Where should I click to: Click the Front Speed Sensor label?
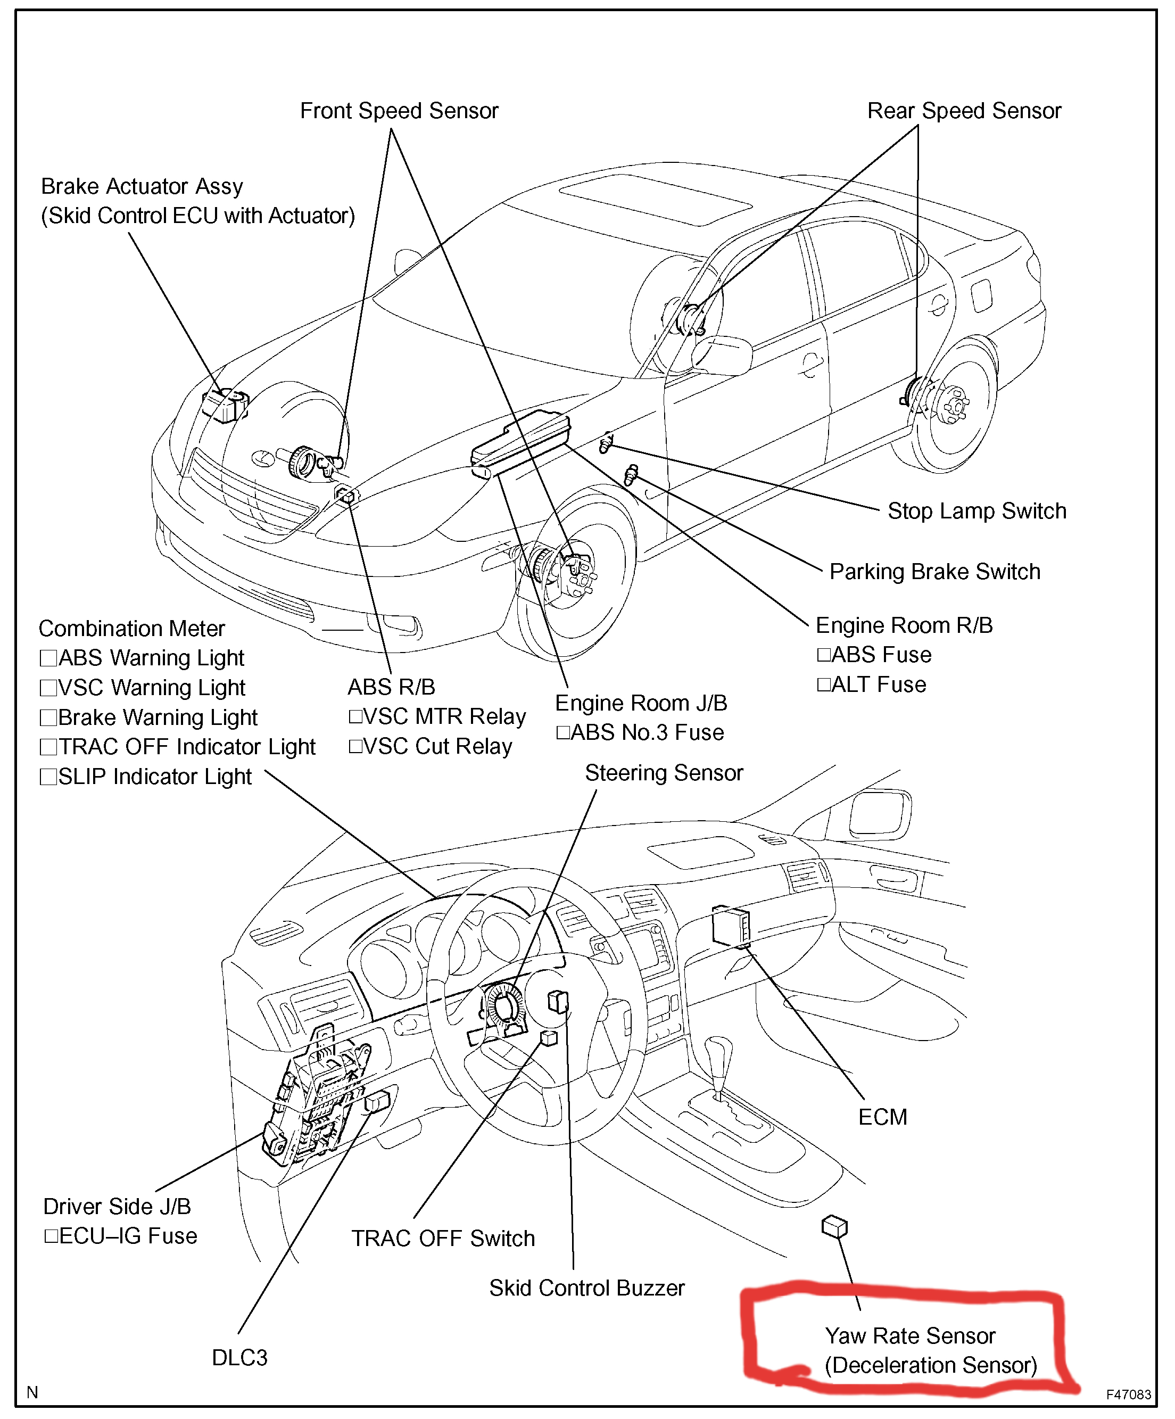pyautogui.click(x=399, y=111)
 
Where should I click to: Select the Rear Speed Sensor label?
pyautogui.click(x=964, y=111)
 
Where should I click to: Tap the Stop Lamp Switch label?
pyautogui.click(x=977, y=511)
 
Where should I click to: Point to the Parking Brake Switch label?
pyautogui.click(x=934, y=572)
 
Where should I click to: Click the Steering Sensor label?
pyautogui.click(x=664, y=773)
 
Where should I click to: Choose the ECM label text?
pyautogui.click(x=882, y=1117)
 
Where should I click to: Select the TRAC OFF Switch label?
pyautogui.click(x=443, y=1239)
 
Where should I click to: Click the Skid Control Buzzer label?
pyautogui.click(x=586, y=1288)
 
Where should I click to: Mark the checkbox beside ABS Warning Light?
pyautogui.click(x=48, y=658)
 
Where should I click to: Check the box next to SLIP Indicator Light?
pyautogui.click(x=48, y=777)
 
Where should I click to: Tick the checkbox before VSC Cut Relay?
pyautogui.click(x=355, y=747)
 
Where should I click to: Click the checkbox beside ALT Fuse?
pyautogui.click(x=824, y=684)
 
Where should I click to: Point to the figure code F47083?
pyautogui.click(x=1128, y=1394)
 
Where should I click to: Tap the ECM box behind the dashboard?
pyautogui.click(x=731, y=926)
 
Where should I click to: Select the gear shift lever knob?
pyautogui.click(x=718, y=1052)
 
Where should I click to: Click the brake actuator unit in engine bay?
pyautogui.click(x=225, y=405)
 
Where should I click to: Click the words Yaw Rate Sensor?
pyautogui.click(x=909, y=1336)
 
